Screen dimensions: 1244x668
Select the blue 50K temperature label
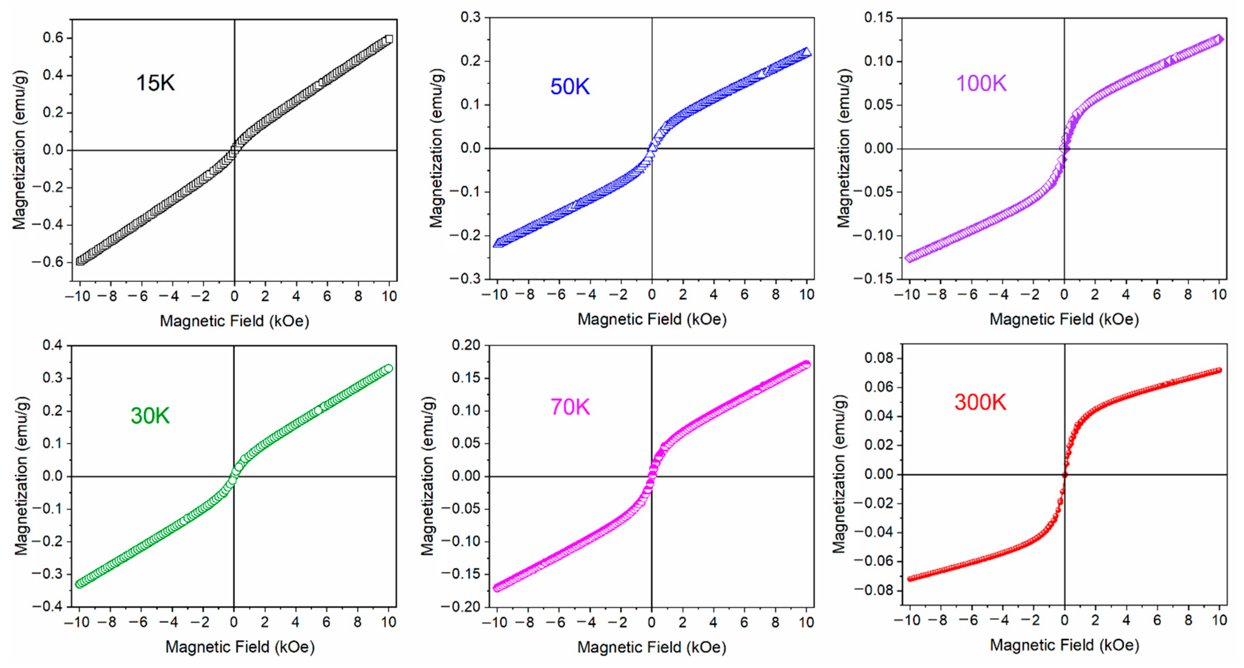tap(570, 87)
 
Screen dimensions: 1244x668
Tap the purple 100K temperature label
tap(981, 84)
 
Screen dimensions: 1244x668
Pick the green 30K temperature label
tap(150, 415)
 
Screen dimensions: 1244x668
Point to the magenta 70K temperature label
tap(570, 407)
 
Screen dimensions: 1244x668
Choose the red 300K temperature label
tap(980, 402)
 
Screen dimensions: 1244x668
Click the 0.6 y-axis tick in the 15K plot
tap(53, 38)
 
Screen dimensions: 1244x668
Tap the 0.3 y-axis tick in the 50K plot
tap(470, 17)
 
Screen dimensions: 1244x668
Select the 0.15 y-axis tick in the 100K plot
tap(879, 17)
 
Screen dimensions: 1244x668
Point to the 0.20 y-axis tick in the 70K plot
tap(466, 345)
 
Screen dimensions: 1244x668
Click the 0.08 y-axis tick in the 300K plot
tap(879, 358)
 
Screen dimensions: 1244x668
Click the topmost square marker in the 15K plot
tap(389, 39)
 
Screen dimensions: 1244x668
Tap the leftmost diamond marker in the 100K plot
tap(909, 257)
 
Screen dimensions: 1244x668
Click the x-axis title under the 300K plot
tap(1064, 645)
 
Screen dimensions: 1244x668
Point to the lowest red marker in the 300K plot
tap(910, 579)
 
